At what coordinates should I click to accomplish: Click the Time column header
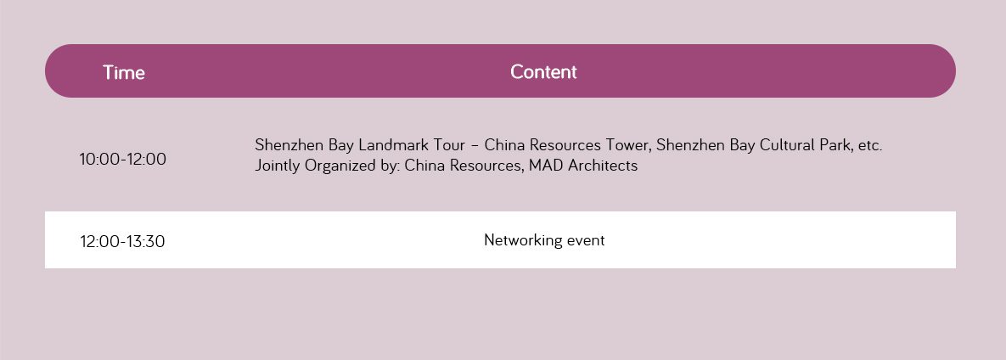tap(124, 72)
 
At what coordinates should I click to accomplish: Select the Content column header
tap(543, 72)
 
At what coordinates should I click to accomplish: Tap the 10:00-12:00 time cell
tap(122, 159)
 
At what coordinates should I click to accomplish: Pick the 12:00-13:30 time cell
tap(122, 241)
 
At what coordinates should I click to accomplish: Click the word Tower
tap(629, 145)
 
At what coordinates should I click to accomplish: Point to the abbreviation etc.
tap(870, 146)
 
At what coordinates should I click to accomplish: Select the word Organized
tap(340, 166)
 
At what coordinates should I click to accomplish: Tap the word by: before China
tap(391, 166)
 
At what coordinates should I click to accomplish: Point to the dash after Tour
tap(475, 146)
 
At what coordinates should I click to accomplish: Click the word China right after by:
tap(424, 166)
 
